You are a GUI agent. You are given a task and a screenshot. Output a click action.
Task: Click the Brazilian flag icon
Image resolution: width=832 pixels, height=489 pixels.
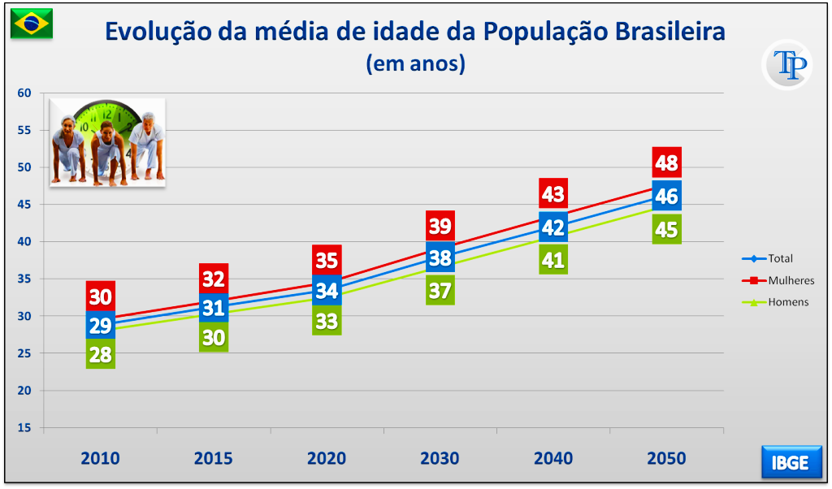point(32,24)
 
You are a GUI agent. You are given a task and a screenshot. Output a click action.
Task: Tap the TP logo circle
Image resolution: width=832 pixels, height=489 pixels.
point(786,65)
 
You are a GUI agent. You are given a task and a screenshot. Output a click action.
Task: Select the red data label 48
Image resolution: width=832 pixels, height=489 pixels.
point(666,163)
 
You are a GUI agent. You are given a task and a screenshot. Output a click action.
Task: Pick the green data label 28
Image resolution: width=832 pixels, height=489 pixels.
point(100,354)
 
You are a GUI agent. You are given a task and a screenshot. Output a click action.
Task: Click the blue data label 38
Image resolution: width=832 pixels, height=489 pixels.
point(440,258)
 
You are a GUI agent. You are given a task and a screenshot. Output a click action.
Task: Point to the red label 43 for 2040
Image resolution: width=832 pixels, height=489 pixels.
point(552,194)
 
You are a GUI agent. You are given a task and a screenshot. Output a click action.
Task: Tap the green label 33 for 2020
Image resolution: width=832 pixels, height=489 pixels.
point(327,321)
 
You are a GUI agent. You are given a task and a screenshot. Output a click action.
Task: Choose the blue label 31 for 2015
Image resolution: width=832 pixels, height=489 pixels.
point(214,308)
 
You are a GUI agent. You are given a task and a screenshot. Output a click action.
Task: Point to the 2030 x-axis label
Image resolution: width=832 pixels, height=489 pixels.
point(440,458)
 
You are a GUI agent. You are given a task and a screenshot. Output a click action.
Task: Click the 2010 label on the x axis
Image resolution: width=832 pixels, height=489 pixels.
point(100,458)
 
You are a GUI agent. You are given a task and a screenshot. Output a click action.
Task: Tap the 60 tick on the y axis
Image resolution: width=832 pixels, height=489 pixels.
point(24,93)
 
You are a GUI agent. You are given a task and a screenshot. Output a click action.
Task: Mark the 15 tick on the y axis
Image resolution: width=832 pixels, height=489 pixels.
point(24,427)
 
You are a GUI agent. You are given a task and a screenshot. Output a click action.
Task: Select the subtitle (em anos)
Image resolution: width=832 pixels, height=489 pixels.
point(415,63)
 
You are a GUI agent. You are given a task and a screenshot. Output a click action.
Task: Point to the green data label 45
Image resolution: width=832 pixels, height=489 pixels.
point(666,230)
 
